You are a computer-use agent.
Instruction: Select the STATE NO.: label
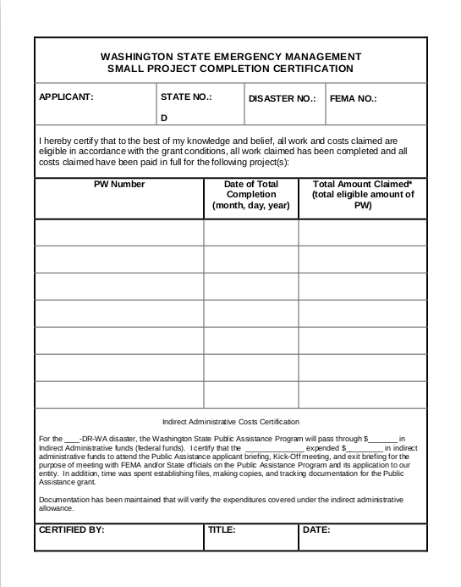[x=185, y=97]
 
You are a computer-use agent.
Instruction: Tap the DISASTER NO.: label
[x=282, y=98]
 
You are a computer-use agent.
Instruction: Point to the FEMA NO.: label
[x=353, y=98]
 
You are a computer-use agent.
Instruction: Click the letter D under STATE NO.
[x=164, y=119]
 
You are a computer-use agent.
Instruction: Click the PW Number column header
[x=118, y=184]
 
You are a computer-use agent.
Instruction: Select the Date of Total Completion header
[x=250, y=194]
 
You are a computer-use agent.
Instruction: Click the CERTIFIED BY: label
[x=72, y=531]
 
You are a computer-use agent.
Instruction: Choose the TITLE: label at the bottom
[x=222, y=531]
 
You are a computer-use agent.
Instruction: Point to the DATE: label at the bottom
[x=316, y=531]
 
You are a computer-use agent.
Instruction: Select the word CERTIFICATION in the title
[x=308, y=69]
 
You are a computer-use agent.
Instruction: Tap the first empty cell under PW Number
[x=118, y=232]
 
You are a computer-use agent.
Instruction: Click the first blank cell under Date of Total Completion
[x=250, y=232]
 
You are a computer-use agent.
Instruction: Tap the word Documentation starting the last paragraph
[x=64, y=501]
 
